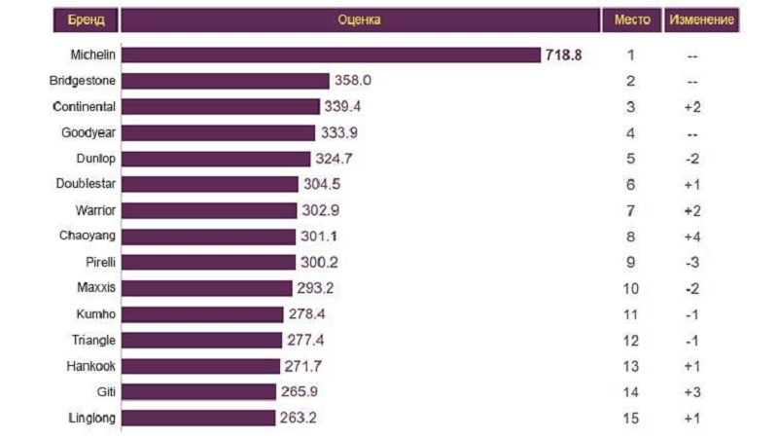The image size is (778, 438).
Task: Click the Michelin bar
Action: click(x=331, y=55)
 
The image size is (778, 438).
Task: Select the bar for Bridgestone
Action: click(x=226, y=81)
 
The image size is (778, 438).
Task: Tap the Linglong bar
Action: click(x=198, y=419)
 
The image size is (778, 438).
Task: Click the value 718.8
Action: click(x=563, y=55)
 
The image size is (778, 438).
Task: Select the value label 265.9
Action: click(x=299, y=392)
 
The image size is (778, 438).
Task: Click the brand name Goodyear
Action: click(x=88, y=132)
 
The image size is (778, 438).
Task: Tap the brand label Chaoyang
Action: click(x=88, y=237)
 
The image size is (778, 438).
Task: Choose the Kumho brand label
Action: click(x=95, y=314)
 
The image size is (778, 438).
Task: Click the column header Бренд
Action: click(x=86, y=19)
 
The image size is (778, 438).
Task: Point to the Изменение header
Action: click(x=700, y=19)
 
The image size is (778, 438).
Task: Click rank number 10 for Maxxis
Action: click(x=630, y=288)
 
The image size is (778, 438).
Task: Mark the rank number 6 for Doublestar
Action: click(x=630, y=185)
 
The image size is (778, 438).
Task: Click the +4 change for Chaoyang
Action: click(x=691, y=237)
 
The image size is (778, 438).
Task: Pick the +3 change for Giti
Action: click(x=691, y=392)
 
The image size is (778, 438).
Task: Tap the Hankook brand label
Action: click(x=90, y=366)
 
